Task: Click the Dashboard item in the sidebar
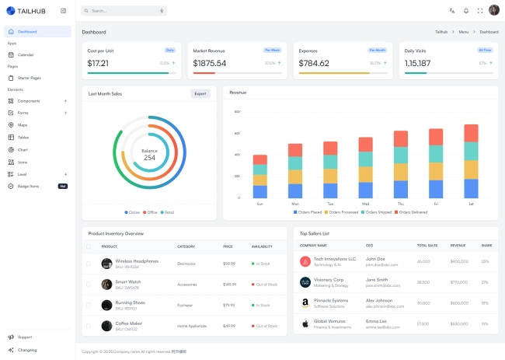[27, 32]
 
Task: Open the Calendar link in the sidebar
[26, 54]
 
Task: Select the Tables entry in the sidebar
[23, 137]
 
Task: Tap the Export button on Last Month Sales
[200, 93]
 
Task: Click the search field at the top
[124, 11]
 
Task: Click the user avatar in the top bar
[494, 10]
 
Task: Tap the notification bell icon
[466, 11]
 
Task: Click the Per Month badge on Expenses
[378, 50]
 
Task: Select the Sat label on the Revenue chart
[471, 204]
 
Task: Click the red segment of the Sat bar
[471, 133]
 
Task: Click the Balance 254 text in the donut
[149, 154]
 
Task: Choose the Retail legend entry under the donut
[167, 212]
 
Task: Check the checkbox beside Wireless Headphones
[89, 264]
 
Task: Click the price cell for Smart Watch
[229, 285]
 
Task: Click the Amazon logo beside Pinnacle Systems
[305, 302]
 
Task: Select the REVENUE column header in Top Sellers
[458, 246]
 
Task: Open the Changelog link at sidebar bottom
[27, 350]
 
